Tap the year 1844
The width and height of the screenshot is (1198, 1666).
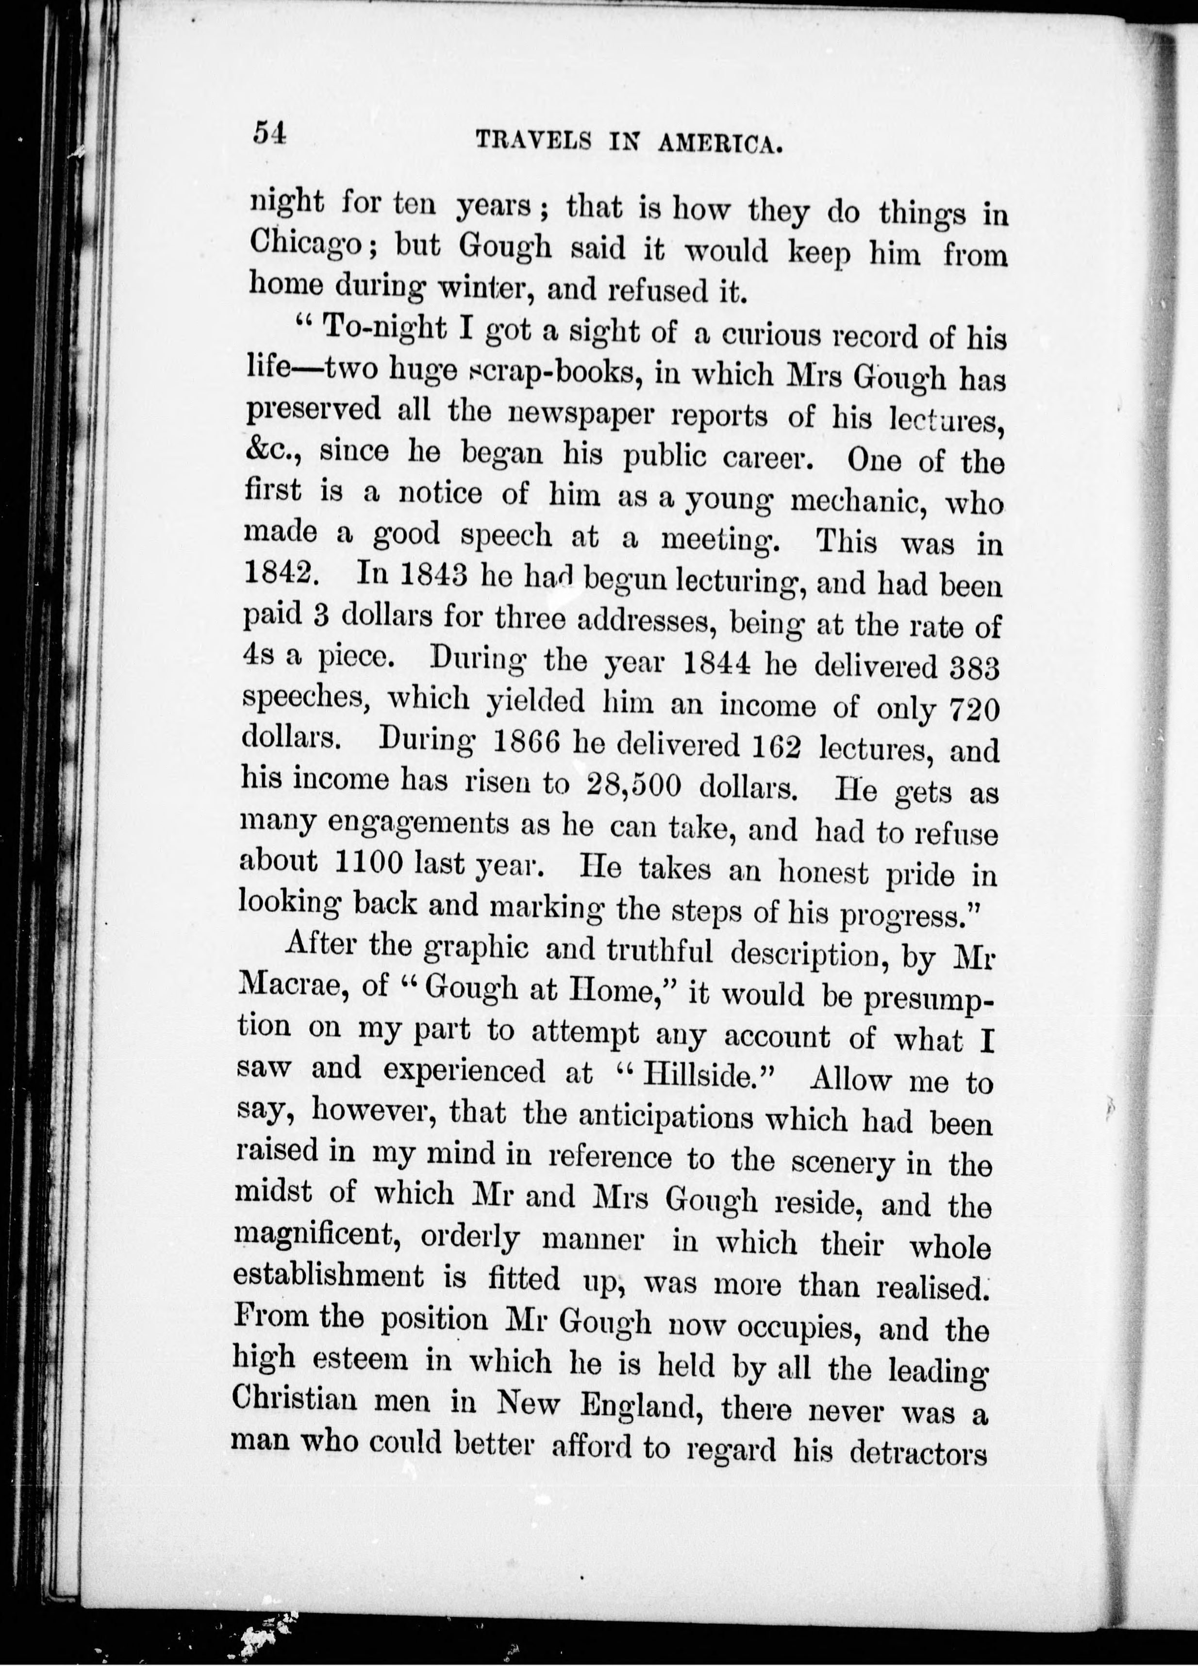click(716, 665)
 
